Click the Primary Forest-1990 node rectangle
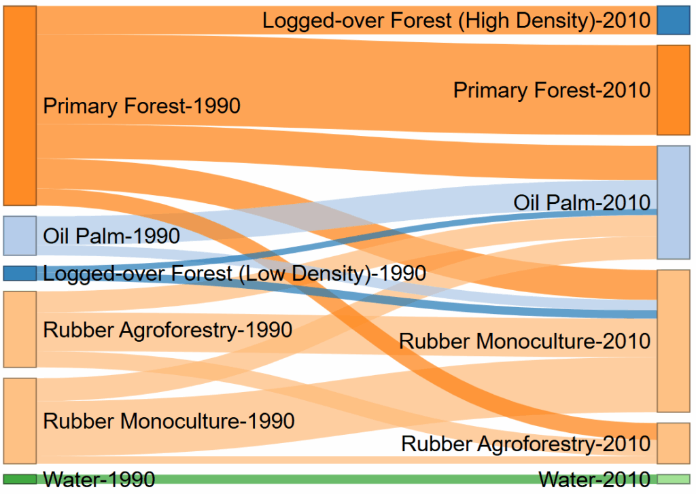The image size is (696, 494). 20,105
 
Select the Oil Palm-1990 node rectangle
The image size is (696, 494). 20,236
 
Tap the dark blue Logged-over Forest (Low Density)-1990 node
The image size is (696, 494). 20,273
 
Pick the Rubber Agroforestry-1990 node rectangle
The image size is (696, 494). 20,330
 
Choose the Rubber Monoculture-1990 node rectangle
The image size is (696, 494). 20,421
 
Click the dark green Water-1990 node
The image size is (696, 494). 20,479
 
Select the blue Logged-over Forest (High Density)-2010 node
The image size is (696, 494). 674,20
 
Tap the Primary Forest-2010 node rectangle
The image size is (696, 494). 674,90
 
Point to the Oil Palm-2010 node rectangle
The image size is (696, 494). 674,202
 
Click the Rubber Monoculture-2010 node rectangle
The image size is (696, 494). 674,341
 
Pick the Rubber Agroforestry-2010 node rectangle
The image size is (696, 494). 674,444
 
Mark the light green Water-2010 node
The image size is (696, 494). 674,479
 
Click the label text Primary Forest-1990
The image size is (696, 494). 141,106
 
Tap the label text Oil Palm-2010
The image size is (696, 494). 582,203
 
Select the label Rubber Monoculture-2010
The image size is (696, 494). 525,341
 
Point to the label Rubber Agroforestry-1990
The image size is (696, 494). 168,330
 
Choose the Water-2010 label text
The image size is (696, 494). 594,480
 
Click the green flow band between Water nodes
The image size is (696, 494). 347,479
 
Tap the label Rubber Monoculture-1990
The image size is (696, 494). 169,421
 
